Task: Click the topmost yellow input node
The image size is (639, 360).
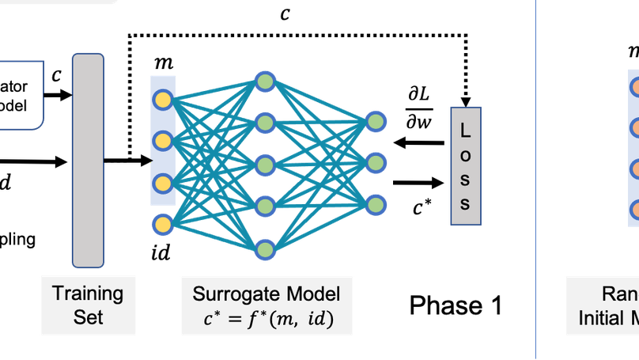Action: coord(163,100)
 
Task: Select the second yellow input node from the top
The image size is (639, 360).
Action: coord(163,142)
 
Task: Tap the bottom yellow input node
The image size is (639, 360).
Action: coord(163,225)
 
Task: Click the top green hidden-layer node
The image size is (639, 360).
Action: coord(265,81)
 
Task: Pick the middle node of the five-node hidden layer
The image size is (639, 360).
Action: coord(265,165)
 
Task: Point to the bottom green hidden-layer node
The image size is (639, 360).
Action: coord(265,250)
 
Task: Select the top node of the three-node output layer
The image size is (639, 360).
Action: coord(376,121)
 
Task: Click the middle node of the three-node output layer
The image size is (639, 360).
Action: coord(376,163)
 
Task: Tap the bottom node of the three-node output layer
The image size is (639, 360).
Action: coord(376,204)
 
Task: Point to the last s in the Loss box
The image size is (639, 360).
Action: coord(466,203)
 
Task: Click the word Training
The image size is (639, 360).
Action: coord(88,294)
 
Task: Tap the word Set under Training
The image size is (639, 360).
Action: coord(88,318)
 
